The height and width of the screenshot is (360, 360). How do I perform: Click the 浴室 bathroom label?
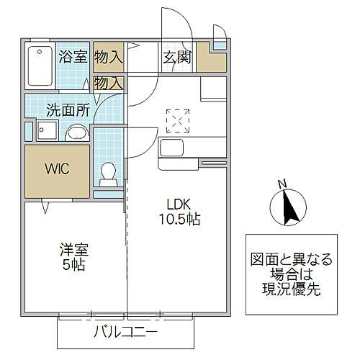click(73, 55)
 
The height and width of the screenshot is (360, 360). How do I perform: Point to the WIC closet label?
click(57, 171)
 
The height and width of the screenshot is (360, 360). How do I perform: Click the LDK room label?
click(179, 204)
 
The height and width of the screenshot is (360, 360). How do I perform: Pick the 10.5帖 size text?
click(179, 220)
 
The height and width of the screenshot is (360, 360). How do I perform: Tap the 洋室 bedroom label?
click(74, 251)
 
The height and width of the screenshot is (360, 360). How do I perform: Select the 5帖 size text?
click(74, 266)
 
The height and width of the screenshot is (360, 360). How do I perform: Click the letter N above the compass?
click(283, 183)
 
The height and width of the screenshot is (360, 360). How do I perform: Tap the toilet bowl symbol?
click(109, 172)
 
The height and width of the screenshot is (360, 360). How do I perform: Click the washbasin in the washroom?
click(77, 133)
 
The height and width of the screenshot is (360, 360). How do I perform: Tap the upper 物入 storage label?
click(109, 55)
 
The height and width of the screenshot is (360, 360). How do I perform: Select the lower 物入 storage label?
click(109, 84)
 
